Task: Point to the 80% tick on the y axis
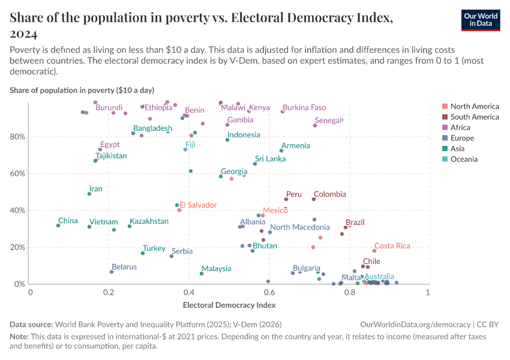tap(17, 137)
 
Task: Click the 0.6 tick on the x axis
tap(269, 292)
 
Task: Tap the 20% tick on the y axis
tap(17, 247)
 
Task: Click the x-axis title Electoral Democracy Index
tap(229, 305)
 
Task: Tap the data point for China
tap(58, 226)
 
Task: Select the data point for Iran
tap(89, 194)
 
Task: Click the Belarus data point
tap(112, 272)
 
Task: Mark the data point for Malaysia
tap(202, 274)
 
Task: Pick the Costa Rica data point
tap(374, 251)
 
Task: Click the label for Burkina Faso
tap(304, 108)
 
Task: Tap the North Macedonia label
tap(300, 227)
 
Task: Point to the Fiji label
tap(190, 145)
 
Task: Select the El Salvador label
tap(198, 205)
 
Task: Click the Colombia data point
tap(314, 199)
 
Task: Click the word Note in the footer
tap(19, 337)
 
